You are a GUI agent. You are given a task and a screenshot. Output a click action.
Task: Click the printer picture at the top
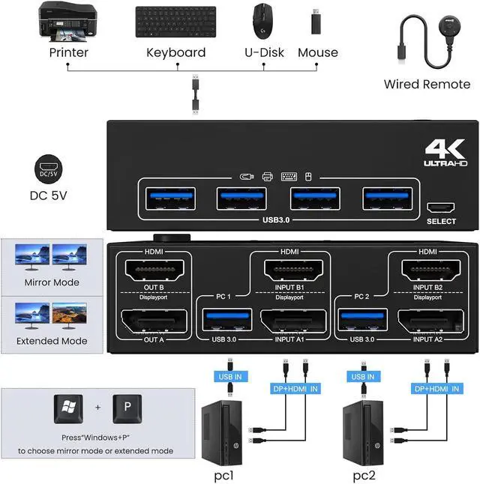tap(68, 22)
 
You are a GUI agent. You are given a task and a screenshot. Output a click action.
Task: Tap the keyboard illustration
tap(175, 22)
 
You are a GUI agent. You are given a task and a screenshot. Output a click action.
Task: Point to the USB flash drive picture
tap(316, 22)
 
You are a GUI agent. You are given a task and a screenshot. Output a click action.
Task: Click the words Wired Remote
tap(427, 84)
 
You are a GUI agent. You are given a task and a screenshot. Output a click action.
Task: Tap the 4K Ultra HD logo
tap(445, 152)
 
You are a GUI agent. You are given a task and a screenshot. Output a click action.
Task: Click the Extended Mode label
tap(52, 341)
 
